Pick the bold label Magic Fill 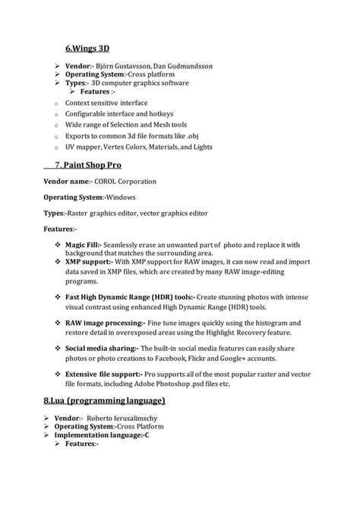(84, 245)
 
